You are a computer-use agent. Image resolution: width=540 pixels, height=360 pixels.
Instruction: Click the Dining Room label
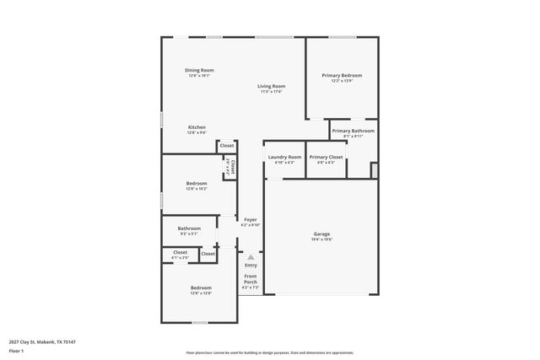tap(199, 70)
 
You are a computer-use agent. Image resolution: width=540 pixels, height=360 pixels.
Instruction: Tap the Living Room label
tap(272, 86)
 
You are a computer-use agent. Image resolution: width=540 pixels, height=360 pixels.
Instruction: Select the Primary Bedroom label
tap(342, 75)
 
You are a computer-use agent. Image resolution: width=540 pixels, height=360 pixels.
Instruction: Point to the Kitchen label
tap(197, 127)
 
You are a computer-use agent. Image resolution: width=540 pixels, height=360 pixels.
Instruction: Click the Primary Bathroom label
tap(353, 131)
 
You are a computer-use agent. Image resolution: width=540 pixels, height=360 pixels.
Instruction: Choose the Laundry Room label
tap(284, 157)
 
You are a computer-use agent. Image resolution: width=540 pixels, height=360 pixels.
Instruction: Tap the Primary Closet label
tap(326, 157)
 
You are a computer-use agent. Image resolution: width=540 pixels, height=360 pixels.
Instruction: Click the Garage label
tap(322, 234)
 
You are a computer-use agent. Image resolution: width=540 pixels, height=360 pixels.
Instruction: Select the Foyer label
tap(251, 220)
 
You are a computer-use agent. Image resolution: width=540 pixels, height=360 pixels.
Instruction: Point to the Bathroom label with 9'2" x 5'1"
tap(189, 228)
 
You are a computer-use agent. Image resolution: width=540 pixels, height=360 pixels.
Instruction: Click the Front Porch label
tap(251, 279)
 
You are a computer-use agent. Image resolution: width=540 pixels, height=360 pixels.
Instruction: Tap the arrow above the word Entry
tap(251, 257)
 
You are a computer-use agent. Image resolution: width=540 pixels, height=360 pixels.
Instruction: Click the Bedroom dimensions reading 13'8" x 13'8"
tap(201, 293)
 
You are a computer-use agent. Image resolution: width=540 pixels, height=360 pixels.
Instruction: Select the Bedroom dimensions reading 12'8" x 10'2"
tap(197, 189)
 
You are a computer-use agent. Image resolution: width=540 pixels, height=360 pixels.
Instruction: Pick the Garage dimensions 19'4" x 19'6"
tap(322, 239)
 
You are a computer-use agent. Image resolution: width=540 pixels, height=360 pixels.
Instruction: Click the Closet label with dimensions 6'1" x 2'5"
tap(181, 252)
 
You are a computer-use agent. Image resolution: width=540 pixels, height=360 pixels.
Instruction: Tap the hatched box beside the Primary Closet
tap(374, 169)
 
